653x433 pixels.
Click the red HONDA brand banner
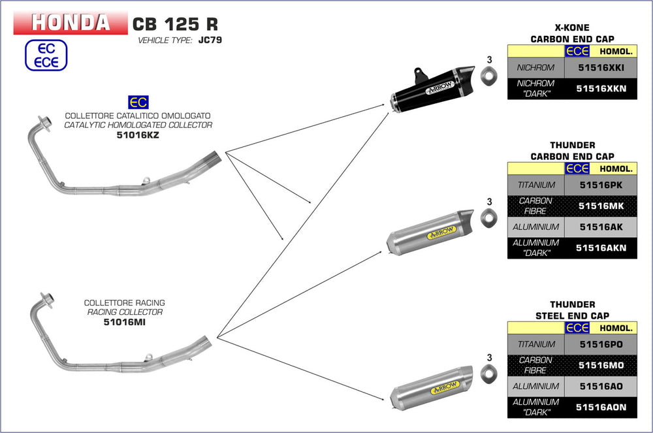pos(71,23)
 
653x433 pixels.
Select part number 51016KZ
pos(138,135)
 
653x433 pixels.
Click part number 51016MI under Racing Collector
pos(124,322)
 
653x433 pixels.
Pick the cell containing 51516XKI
pos(600,67)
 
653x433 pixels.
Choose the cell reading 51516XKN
pos(600,88)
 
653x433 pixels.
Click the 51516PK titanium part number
pos(600,185)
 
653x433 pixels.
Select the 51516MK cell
pos(600,206)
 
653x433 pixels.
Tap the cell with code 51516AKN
pos(600,248)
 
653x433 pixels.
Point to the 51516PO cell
pos(600,344)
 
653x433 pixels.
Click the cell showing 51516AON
pos(600,407)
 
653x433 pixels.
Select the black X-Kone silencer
pos(431,89)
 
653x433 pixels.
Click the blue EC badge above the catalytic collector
pos(138,102)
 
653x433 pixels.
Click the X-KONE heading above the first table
pos(572,28)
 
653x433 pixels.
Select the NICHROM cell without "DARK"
pos(535,67)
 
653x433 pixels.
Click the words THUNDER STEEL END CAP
pos(572,310)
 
